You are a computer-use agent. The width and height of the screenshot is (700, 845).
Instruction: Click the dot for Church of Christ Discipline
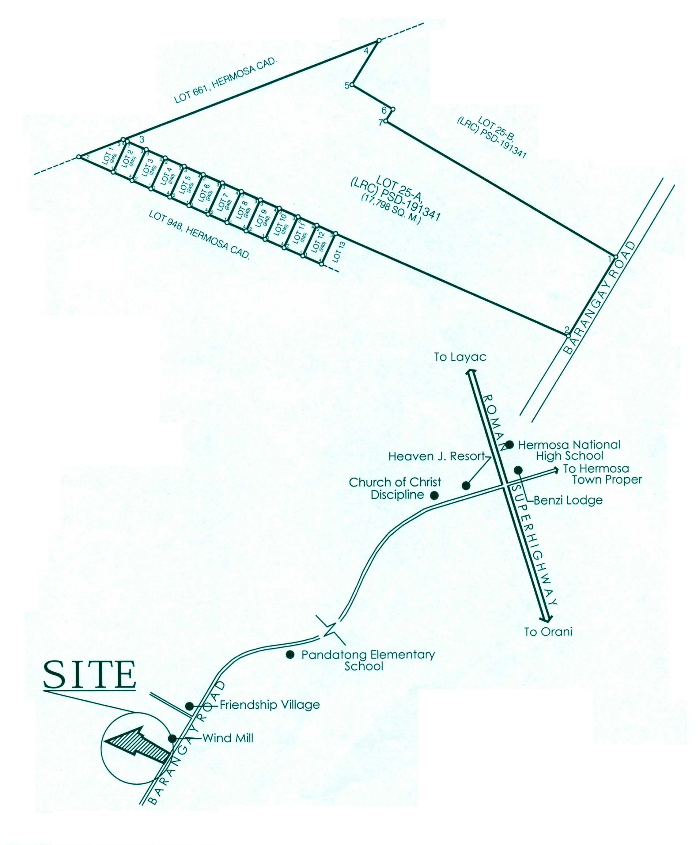(434, 495)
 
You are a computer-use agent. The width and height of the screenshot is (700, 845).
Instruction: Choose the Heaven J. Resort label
(437, 456)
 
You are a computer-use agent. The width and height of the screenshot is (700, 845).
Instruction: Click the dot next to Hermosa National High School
(509, 444)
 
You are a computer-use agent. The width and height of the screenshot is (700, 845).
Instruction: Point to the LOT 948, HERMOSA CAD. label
(199, 236)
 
